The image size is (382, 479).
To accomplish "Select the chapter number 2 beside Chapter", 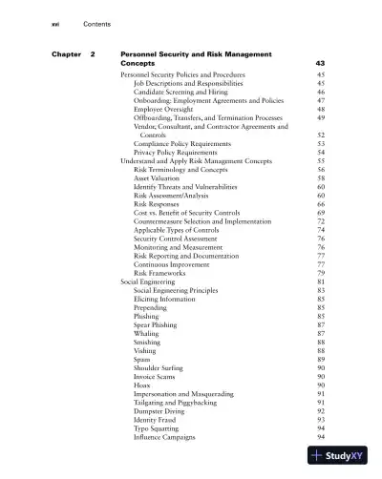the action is click(93, 54).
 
